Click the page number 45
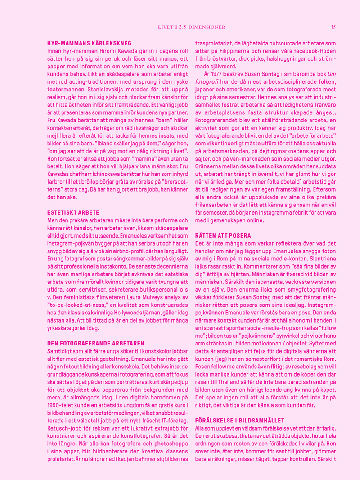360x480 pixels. click(x=333, y=27)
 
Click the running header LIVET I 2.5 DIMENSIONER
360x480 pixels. click(x=191, y=27)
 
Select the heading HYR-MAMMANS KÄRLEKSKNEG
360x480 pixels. click(x=89, y=43)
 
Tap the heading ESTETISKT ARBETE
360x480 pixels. click(x=73, y=212)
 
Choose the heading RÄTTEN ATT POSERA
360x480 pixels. click(x=223, y=235)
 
